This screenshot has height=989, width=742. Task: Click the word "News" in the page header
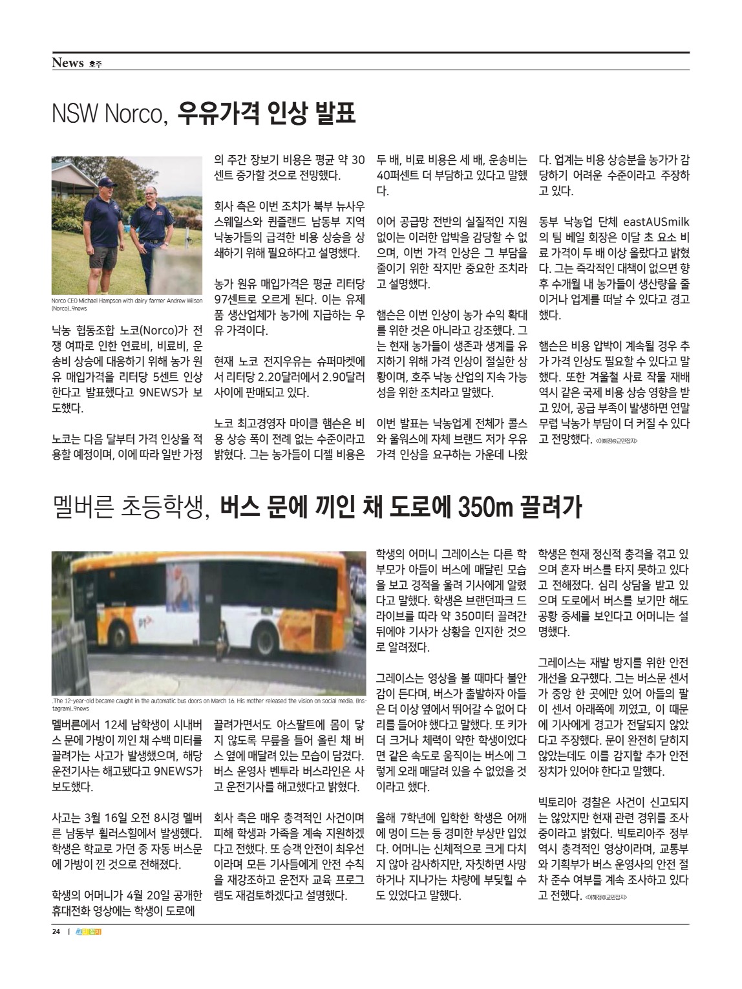point(68,63)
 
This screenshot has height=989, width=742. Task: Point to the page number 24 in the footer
point(56,932)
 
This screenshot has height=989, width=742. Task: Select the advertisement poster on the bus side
point(184,590)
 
